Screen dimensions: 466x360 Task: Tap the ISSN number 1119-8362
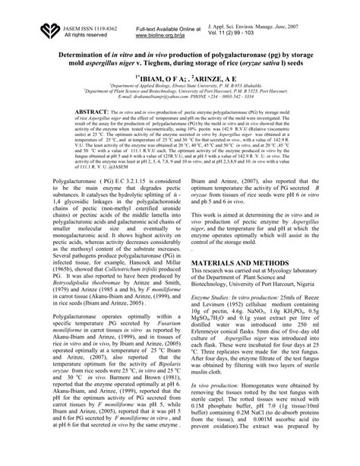pos(99,27)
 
